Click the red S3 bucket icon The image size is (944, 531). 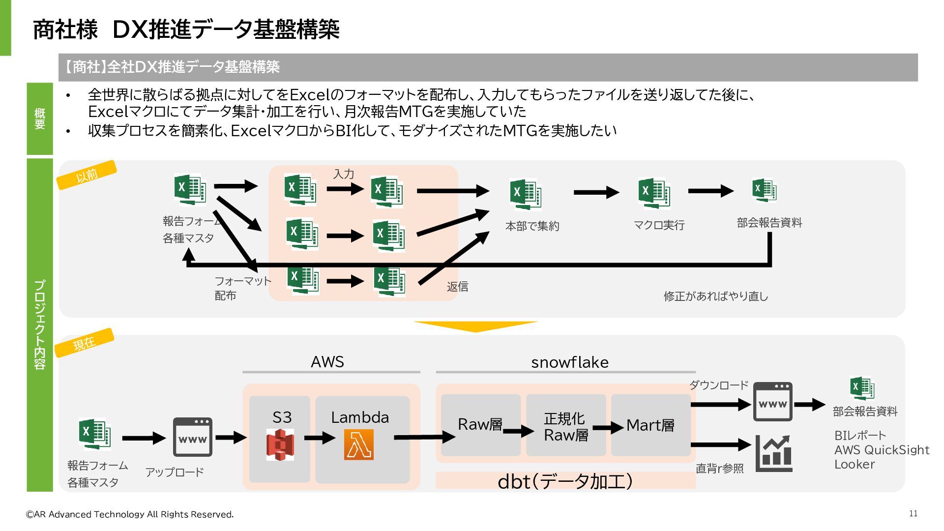tap(280, 444)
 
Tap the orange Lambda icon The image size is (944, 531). tap(359, 444)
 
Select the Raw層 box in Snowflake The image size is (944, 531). tap(480, 425)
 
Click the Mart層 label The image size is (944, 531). tap(650, 425)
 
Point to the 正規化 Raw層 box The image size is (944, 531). tap(566, 425)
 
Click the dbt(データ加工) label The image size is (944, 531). tap(565, 481)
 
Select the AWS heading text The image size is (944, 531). tap(327, 362)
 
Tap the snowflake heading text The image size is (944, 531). tap(570, 362)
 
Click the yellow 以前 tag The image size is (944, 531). tap(87, 175)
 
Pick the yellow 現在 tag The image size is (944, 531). tap(84, 343)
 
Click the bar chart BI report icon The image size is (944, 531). tap(774, 453)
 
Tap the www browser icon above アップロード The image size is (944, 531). tap(192, 437)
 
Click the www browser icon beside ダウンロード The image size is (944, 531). tap(773, 402)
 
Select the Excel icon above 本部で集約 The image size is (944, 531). tap(526, 194)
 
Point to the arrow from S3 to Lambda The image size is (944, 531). tap(320, 438)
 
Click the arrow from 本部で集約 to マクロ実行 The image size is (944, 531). tap(596, 192)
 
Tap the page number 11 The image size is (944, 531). tap(914, 513)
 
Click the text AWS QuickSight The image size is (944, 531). tap(882, 450)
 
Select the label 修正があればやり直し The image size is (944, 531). tap(716, 296)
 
